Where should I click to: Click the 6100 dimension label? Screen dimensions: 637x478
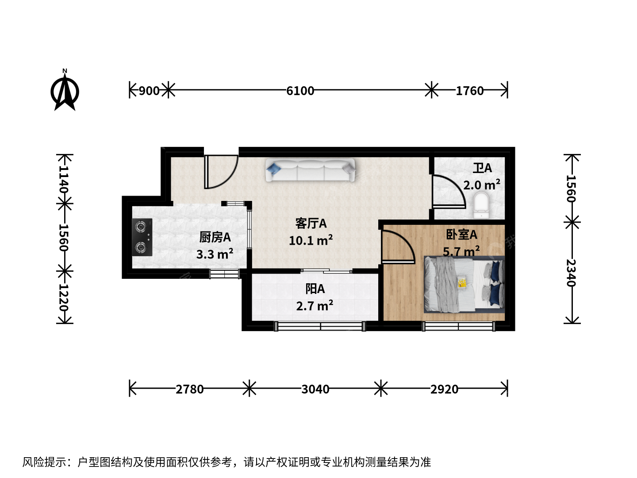click(300, 91)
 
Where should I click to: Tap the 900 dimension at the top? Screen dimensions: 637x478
click(149, 91)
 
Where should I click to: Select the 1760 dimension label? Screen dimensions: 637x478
click(469, 91)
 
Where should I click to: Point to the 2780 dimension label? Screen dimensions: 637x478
click(189, 389)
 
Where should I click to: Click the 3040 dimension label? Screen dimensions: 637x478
click(315, 389)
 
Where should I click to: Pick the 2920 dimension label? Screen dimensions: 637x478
click(444, 389)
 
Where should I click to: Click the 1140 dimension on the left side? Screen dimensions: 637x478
click(64, 179)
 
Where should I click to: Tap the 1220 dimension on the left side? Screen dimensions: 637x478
click(64, 297)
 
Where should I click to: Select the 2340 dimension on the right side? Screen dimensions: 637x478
click(571, 273)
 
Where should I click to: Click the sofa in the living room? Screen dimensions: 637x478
click(310, 170)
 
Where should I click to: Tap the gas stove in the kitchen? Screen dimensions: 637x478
click(142, 237)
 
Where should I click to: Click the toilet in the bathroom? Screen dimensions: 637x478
click(481, 205)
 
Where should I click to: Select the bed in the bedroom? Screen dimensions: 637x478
click(464, 285)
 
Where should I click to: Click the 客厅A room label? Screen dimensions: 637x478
click(311, 224)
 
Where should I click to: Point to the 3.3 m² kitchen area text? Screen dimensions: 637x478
click(215, 254)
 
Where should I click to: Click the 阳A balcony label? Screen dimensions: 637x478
click(315, 289)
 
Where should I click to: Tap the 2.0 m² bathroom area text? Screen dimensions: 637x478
click(481, 185)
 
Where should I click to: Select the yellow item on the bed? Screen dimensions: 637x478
click(462, 282)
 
